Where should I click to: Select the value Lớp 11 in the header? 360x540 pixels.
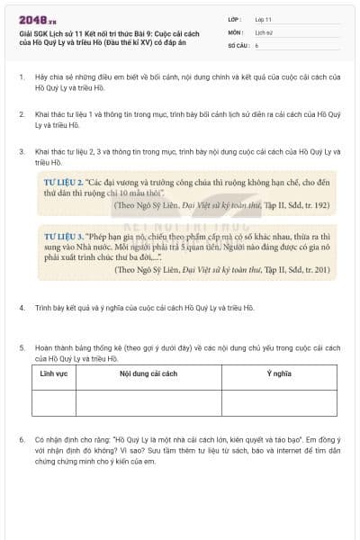coord(263,18)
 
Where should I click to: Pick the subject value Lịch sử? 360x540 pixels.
coord(263,31)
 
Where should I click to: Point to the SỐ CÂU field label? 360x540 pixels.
coord(237,44)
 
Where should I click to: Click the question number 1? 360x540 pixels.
coord(21,77)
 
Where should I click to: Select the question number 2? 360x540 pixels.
coord(21,115)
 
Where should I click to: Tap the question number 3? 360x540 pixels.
coord(21,151)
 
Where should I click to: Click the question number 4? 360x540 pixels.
coord(21,308)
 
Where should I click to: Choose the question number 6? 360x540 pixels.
coord(21,441)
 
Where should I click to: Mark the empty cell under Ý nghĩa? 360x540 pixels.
coord(281,402)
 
